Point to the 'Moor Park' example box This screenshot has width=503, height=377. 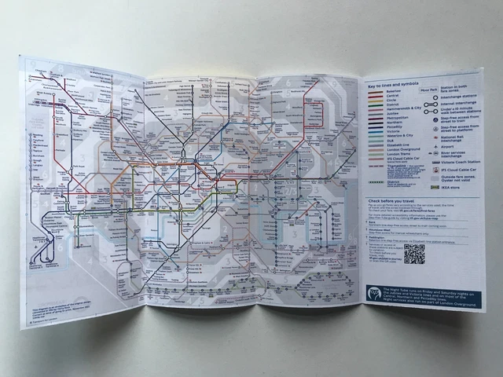click(430, 92)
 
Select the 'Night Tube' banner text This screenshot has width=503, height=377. click(428, 294)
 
